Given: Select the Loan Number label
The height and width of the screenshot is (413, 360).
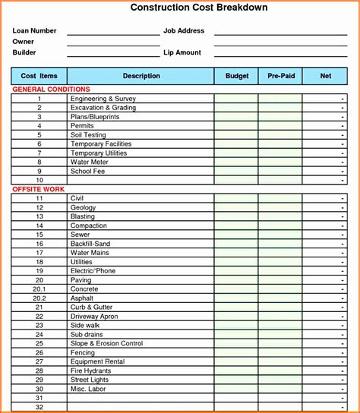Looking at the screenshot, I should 35,31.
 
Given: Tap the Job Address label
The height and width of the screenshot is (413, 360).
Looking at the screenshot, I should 185,31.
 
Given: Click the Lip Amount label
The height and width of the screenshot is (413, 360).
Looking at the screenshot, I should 182,52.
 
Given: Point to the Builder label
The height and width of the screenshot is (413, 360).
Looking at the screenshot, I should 24,52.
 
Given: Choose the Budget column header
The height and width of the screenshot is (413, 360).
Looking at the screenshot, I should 237,76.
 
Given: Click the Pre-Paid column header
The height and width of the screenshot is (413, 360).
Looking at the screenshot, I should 281,76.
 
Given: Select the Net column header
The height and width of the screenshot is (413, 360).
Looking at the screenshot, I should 326,76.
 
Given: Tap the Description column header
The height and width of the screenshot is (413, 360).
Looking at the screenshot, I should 141,76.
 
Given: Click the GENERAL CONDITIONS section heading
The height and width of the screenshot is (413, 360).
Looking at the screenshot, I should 51,90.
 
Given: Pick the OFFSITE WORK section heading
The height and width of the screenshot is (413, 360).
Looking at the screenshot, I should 38,189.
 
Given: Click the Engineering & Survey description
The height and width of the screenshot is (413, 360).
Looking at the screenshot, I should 103,99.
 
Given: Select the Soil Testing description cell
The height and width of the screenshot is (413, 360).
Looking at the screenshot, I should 88,135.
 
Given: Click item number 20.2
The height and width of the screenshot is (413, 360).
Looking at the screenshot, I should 39,298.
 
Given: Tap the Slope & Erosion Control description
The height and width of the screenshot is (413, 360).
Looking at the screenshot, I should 106,344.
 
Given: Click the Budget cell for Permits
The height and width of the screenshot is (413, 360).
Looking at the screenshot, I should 236,126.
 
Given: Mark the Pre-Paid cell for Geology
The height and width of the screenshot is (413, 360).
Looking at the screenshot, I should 280,207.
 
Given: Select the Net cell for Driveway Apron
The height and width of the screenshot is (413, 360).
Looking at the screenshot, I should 326,317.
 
